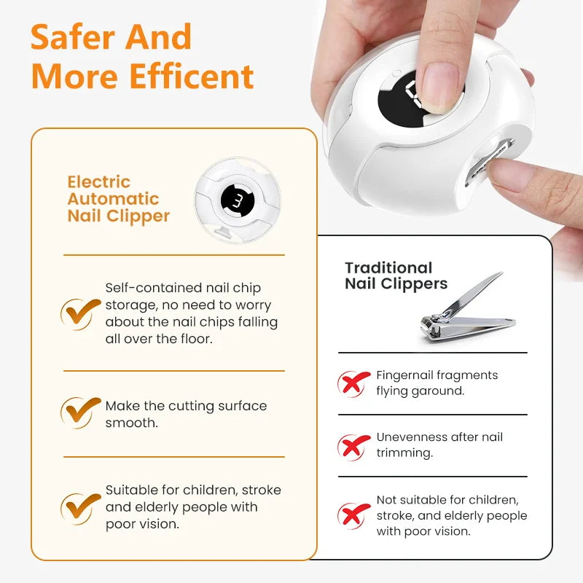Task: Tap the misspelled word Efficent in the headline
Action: [192, 77]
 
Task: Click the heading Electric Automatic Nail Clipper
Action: [119, 199]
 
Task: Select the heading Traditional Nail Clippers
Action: [396, 275]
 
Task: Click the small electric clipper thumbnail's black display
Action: [238, 200]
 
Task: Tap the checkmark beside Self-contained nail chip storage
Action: [80, 313]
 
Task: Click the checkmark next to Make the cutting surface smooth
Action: [80, 412]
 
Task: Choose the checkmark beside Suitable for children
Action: [80, 508]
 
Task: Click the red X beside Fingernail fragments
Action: [353, 383]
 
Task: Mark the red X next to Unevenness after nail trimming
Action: [353, 447]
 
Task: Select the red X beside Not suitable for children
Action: [353, 516]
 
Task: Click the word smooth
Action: [132, 423]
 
